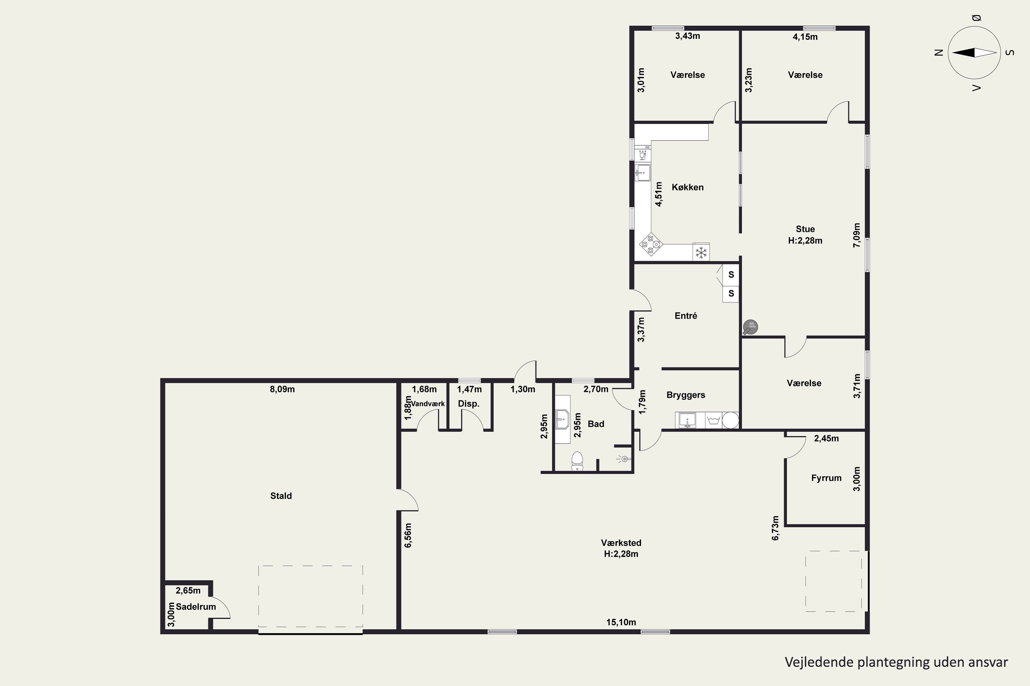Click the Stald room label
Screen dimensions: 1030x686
(281, 496)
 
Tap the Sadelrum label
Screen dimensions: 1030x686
(196, 607)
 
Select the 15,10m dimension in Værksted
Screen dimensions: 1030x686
(621, 622)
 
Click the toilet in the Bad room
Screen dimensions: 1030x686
(577, 461)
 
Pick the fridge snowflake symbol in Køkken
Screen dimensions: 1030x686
(701, 252)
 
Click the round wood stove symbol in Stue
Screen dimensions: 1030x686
(751, 327)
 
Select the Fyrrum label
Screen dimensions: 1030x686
(826, 478)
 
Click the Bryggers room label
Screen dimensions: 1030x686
(686, 395)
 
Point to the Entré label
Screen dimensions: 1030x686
(686, 316)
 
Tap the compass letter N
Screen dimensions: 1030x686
(938, 52)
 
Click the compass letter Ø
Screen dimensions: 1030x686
(976, 18)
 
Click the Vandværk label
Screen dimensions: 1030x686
(427, 404)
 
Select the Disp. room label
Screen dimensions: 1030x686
(469, 403)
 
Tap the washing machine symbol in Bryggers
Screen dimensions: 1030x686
(714, 420)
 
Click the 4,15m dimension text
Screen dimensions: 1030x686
(805, 37)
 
